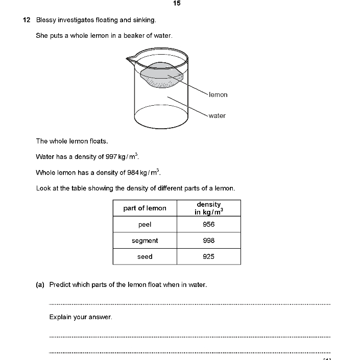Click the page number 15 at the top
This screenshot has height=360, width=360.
177,4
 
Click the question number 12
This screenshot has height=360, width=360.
27,20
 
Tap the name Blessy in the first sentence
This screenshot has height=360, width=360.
46,20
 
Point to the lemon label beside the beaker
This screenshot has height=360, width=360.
218,94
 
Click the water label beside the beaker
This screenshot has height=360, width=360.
217,115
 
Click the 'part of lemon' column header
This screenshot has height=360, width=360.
145,208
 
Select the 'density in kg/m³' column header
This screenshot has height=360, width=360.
208,208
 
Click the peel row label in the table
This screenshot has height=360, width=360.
145,224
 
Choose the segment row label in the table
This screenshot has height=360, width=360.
145,241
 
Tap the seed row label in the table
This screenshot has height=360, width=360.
145,256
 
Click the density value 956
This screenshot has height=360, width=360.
208,224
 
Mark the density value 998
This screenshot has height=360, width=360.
208,241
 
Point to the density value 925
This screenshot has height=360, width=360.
208,256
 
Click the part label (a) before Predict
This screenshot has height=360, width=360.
40,285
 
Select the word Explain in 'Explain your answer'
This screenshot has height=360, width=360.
61,317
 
